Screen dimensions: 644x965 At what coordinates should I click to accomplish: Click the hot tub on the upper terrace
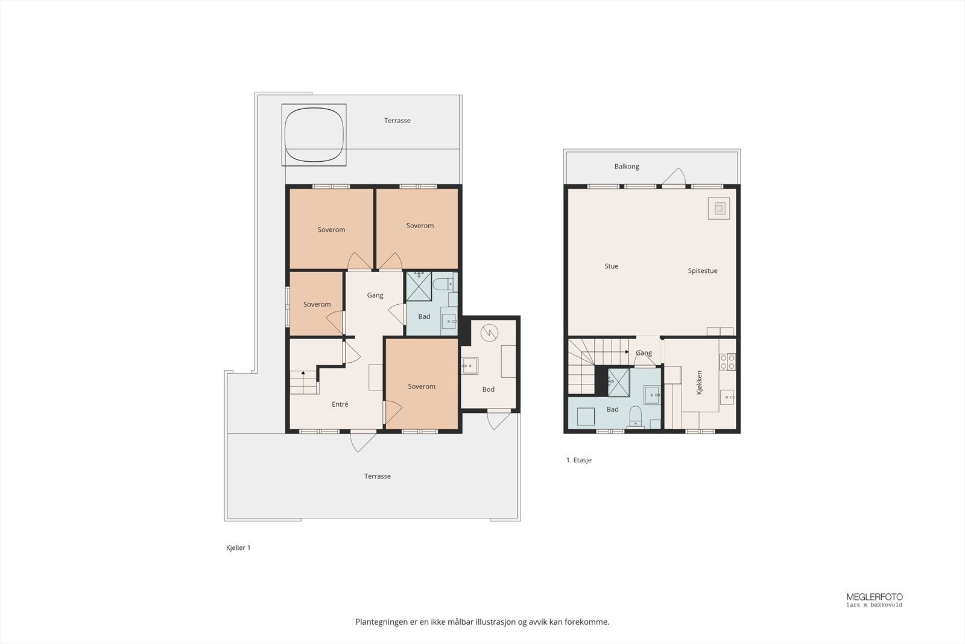tap(314, 135)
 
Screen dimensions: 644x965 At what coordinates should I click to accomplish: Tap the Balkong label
tap(627, 167)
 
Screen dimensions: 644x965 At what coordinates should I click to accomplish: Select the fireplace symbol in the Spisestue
tap(718, 209)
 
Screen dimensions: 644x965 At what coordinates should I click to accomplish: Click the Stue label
tap(611, 266)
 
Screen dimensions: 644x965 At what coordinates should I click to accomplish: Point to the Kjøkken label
tap(700, 383)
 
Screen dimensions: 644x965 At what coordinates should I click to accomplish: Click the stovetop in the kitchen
tap(727, 362)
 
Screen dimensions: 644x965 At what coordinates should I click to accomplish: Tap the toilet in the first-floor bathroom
tap(635, 416)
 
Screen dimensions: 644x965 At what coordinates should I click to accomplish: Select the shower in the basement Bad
tap(419, 286)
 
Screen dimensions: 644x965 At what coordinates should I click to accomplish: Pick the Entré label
tap(340, 404)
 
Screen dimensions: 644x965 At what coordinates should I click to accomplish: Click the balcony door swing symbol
tap(674, 177)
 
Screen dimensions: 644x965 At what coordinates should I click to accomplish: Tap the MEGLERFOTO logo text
tap(874, 597)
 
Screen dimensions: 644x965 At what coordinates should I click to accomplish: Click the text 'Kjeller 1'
tap(238, 548)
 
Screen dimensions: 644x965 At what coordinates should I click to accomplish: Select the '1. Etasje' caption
tap(578, 460)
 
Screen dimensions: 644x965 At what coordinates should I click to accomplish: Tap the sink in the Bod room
tap(469, 366)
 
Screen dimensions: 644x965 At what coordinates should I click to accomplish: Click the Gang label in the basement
tap(375, 295)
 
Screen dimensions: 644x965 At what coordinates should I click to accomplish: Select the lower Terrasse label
tap(377, 476)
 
